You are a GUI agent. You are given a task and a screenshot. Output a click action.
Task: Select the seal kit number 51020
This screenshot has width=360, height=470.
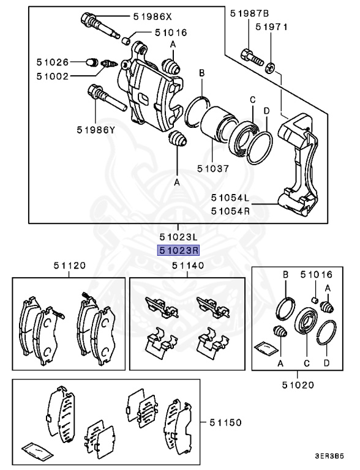[298, 385]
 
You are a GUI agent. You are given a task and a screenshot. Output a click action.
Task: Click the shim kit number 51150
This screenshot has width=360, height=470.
[225, 422]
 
